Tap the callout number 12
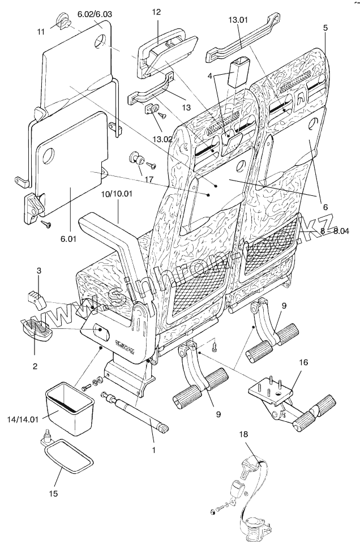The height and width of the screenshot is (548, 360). click(x=157, y=11)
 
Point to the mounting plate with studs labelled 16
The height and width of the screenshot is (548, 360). click(x=273, y=391)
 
